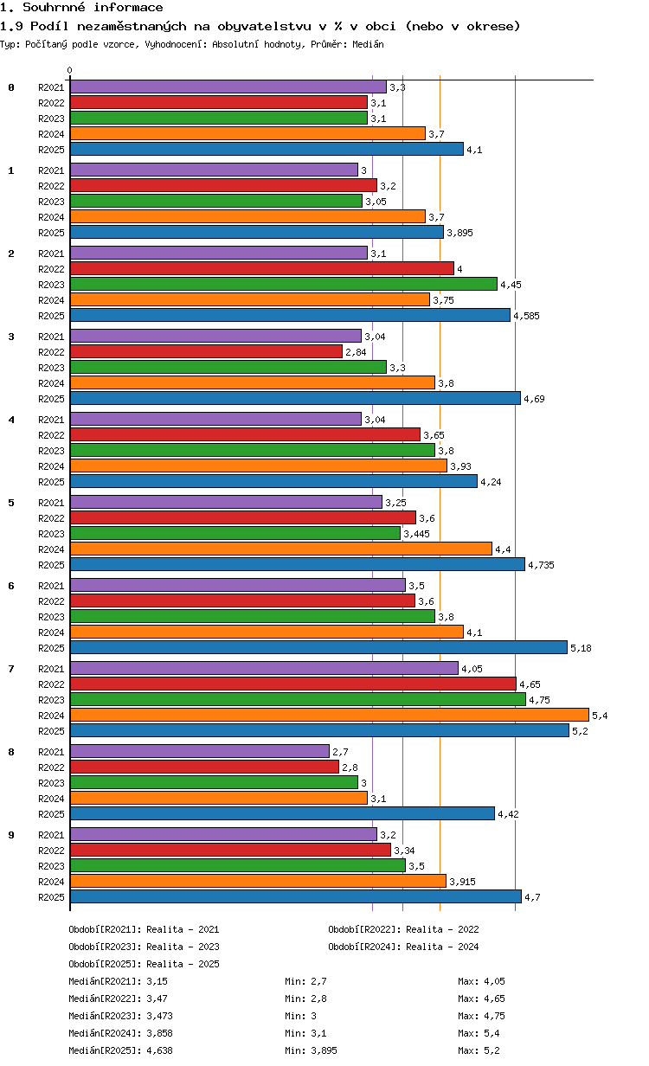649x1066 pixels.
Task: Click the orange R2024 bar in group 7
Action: pyautogui.click(x=329, y=715)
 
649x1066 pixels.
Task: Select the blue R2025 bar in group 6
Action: pyautogui.click(x=318, y=647)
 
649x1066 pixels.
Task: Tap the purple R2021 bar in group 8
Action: pyautogui.click(x=200, y=751)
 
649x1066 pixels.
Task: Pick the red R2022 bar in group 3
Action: pyautogui.click(x=206, y=351)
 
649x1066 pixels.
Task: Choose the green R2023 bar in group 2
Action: pyautogui.click(x=284, y=284)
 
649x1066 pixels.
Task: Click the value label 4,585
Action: pyautogui.click(x=526, y=316)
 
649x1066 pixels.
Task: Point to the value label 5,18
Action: pyautogui.click(x=581, y=648)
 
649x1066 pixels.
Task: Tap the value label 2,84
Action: pyautogui.click(x=356, y=352)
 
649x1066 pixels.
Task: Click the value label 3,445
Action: pyautogui.click(x=416, y=534)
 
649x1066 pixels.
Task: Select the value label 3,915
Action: pyautogui.click(x=462, y=882)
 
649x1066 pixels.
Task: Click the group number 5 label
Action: pyautogui.click(x=11, y=503)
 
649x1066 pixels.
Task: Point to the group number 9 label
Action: pyautogui.click(x=11, y=835)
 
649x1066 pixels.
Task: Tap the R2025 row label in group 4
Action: pyautogui.click(x=51, y=482)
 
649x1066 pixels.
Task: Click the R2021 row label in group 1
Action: pyautogui.click(x=51, y=170)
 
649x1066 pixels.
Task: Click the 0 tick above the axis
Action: pyautogui.click(x=70, y=70)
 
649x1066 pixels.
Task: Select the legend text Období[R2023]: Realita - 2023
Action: pyautogui.click(x=145, y=947)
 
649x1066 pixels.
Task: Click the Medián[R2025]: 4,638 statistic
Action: pyautogui.click(x=121, y=1050)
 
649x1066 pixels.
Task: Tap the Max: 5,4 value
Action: pyautogui.click(x=479, y=1033)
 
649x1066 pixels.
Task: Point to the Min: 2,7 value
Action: pyautogui.click(x=306, y=981)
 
